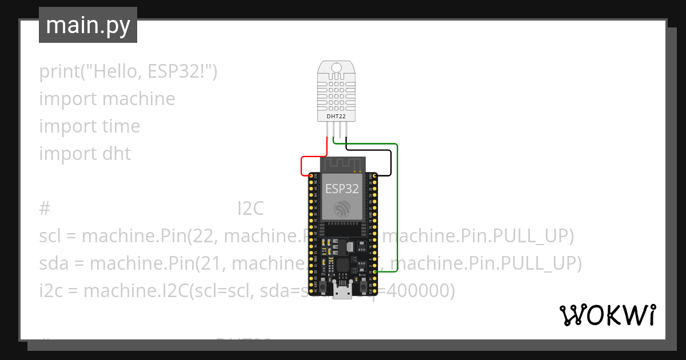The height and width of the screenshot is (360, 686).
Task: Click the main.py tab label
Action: pyautogui.click(x=88, y=25)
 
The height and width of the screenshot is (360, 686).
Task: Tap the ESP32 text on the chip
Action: pyautogui.click(x=342, y=189)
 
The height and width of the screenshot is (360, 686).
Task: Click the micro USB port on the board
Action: pyautogui.click(x=342, y=293)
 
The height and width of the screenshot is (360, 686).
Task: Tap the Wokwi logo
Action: pyautogui.click(x=607, y=315)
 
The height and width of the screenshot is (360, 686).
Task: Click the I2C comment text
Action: pyautogui.click(x=250, y=209)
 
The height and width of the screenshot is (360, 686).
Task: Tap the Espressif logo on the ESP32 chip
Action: pyautogui.click(x=342, y=209)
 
